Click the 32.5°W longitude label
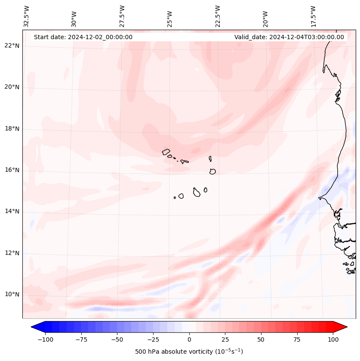27,16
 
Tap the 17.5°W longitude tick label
313,16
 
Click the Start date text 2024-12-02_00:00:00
83,37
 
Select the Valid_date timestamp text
289,37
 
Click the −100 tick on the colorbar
45,339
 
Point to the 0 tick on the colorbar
189,339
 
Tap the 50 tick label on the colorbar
261,339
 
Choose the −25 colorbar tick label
153,339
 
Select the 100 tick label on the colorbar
333,339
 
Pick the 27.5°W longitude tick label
122,16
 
